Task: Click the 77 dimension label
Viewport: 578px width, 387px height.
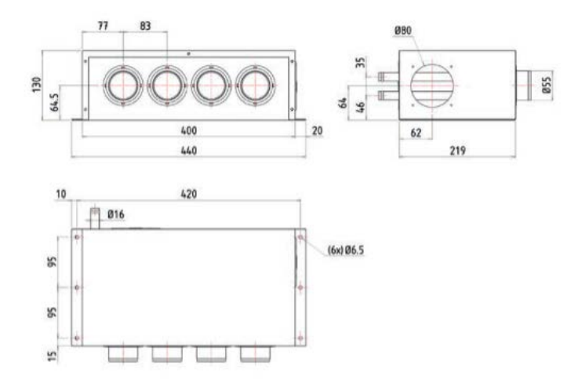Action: pos(102,26)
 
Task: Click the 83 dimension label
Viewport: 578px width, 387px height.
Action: pos(145,26)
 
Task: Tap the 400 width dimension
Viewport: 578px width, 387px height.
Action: pos(187,130)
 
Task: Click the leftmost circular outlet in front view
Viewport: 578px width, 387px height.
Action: pos(123,85)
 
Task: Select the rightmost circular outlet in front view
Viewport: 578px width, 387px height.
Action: pos(256,85)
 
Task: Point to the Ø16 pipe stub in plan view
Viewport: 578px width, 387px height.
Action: pos(96,216)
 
